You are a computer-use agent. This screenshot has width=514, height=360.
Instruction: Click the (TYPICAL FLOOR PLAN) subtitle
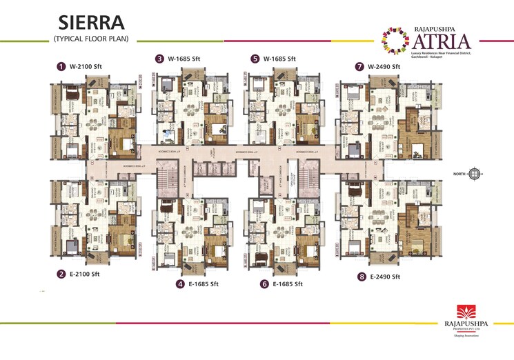point(90,39)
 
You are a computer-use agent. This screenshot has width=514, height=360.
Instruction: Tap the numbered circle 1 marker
point(61,67)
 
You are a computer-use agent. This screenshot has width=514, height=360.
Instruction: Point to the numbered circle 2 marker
point(61,274)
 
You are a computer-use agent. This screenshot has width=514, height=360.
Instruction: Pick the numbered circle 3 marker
point(159,59)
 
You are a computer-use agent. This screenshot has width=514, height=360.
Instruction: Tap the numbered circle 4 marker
point(180,283)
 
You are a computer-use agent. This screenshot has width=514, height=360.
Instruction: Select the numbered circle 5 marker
point(255,59)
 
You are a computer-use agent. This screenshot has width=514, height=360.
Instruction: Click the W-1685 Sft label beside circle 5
point(279,59)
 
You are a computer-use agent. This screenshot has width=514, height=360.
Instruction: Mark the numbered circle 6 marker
point(264,283)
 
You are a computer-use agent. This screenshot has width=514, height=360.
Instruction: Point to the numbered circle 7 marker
point(359,67)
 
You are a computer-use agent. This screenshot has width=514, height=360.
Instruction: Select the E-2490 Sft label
point(386,277)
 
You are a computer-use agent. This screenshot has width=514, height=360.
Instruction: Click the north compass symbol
point(474,174)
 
